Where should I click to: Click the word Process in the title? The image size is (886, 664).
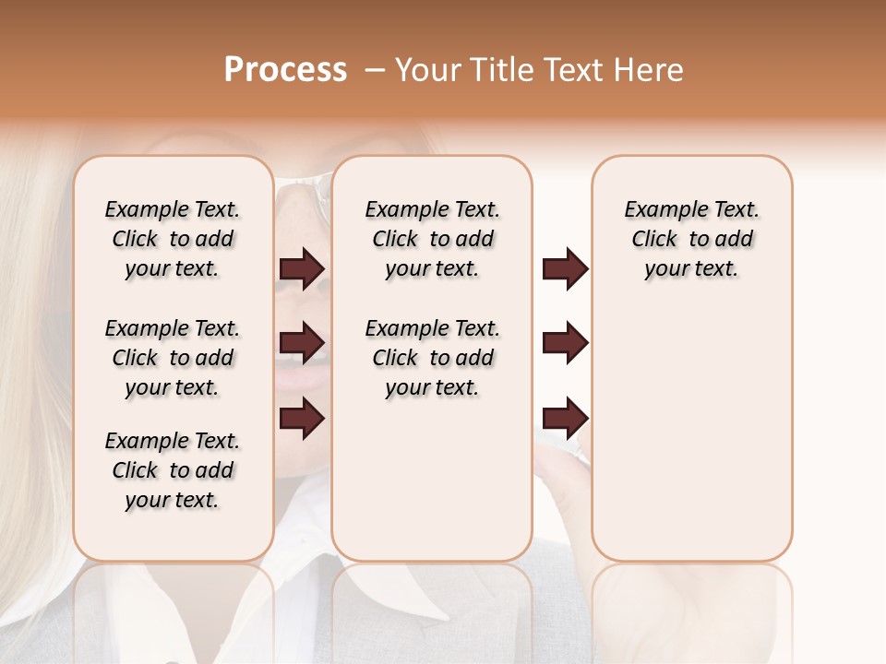pyautogui.click(x=285, y=69)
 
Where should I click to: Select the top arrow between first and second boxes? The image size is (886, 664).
pyautogui.click(x=302, y=269)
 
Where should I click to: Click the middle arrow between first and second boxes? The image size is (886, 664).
pyautogui.click(x=302, y=344)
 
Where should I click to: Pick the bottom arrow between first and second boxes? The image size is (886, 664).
pyautogui.click(x=302, y=419)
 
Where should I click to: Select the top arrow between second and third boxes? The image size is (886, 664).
pyautogui.click(x=565, y=269)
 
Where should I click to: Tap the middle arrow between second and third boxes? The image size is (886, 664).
pyautogui.click(x=565, y=344)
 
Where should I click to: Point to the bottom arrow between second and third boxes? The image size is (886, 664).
pyautogui.click(x=565, y=419)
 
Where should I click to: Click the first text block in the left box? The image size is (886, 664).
pyautogui.click(x=173, y=239)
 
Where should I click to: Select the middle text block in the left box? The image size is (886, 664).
pyautogui.click(x=173, y=358)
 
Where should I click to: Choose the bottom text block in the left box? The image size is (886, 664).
pyautogui.click(x=173, y=470)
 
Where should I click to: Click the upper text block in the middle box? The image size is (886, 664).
pyautogui.click(x=432, y=239)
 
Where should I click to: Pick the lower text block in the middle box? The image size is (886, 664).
pyautogui.click(x=432, y=358)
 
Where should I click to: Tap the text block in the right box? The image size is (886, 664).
pyautogui.click(x=691, y=239)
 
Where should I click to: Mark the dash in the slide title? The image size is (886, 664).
pyautogui.click(x=374, y=69)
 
